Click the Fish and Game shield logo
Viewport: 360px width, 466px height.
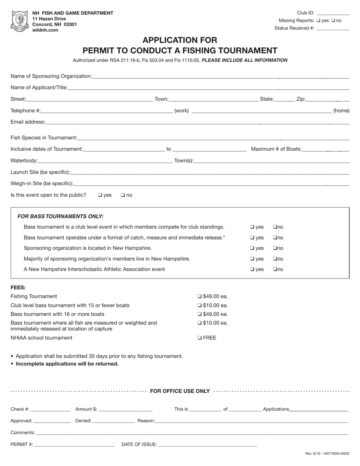[x=20, y=21]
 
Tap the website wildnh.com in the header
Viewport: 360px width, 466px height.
[x=45, y=30]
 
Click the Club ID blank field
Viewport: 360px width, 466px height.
[x=332, y=13]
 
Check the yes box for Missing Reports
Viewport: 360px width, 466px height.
[x=318, y=21]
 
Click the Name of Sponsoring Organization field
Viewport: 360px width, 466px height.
[x=220, y=76]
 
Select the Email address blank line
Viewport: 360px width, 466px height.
[x=197, y=122]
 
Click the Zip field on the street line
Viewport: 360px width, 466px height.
[x=327, y=99]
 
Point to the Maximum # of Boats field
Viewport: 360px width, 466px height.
[x=326, y=149]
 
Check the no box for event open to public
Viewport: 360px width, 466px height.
[x=123, y=195]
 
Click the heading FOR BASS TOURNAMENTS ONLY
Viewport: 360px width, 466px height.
[x=60, y=216]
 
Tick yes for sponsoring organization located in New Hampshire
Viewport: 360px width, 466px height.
[x=252, y=248]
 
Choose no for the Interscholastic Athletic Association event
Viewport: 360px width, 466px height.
[x=274, y=269]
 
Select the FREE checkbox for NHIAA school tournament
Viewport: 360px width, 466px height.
[x=200, y=338]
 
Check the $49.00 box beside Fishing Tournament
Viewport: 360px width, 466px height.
[x=200, y=297]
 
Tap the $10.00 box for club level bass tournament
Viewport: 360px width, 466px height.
[x=200, y=305]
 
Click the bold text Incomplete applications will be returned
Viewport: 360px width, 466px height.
[x=67, y=364]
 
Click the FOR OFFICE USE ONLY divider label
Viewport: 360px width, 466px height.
[x=180, y=391]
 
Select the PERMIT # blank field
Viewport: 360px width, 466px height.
[x=74, y=444]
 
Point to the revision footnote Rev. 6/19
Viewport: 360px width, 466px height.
[x=327, y=453]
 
